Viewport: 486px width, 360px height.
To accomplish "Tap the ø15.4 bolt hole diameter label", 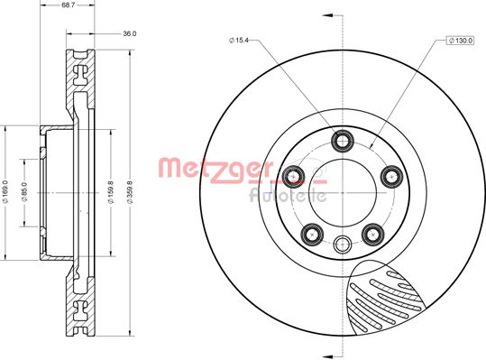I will pyautogui.click(x=241, y=41).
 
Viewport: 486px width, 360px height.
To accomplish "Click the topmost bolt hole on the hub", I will pyautogui.click(x=343, y=140).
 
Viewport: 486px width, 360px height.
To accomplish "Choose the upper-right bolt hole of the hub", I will pyautogui.click(x=390, y=175).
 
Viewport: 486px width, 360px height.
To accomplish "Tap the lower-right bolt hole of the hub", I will pyautogui.click(x=372, y=234).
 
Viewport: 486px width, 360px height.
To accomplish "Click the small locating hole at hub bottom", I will pyautogui.click(x=343, y=242).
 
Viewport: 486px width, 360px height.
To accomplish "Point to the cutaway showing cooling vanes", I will pyautogui.click(x=388, y=298).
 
